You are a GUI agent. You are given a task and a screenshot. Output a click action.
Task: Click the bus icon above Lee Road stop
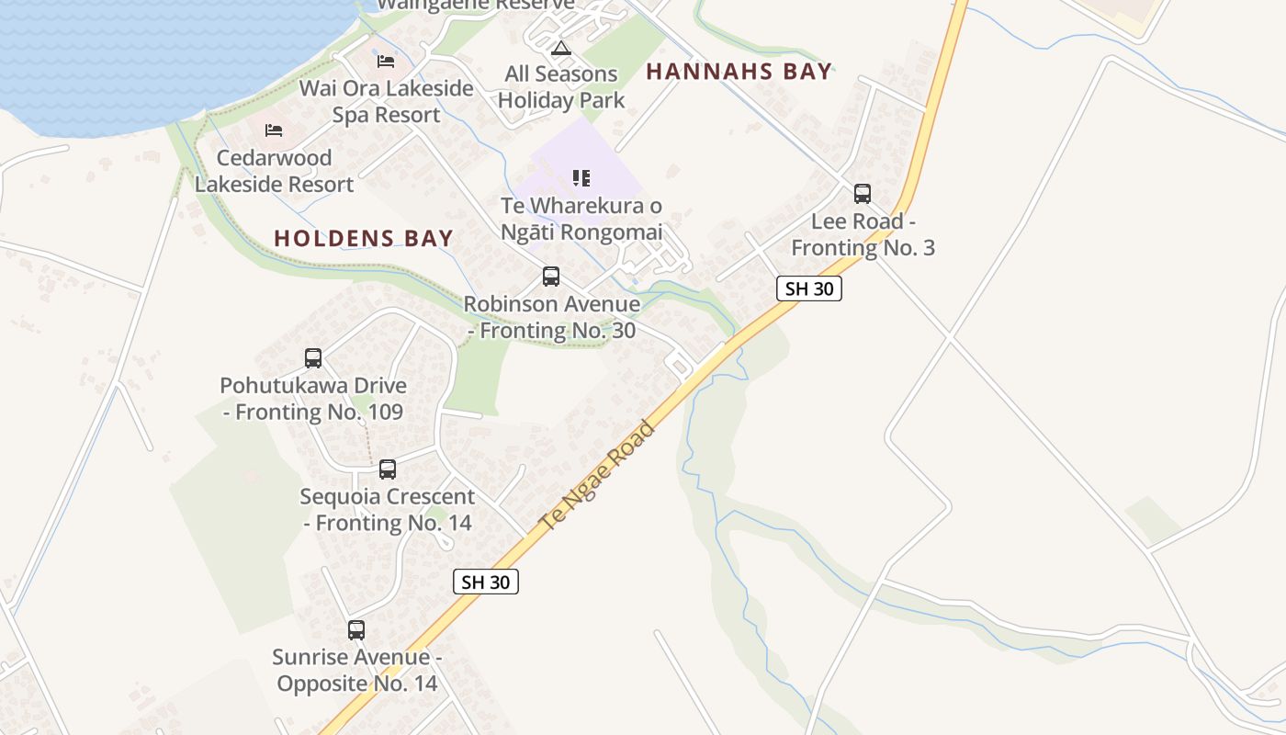click(862, 194)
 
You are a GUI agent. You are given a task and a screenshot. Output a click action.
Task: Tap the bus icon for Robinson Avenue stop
click(551, 277)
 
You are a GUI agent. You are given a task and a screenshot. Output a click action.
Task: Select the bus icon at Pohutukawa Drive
click(313, 358)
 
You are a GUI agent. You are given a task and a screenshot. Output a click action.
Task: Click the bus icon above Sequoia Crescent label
click(388, 469)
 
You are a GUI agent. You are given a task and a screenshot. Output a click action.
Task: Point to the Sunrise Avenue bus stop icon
click(356, 630)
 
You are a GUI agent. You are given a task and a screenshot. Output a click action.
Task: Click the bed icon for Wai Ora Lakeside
click(386, 62)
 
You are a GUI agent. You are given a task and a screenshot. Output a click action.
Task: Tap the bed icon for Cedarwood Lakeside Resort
click(274, 130)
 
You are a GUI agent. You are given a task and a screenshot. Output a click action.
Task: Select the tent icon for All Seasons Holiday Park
click(561, 48)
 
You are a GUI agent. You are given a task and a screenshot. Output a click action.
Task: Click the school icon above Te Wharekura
click(581, 178)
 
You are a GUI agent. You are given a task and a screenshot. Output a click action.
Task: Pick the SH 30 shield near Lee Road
click(809, 288)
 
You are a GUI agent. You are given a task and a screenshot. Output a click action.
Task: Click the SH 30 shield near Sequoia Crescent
click(486, 582)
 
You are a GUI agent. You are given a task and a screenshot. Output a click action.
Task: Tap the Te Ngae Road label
click(598, 476)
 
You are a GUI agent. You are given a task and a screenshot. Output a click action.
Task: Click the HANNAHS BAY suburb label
click(739, 72)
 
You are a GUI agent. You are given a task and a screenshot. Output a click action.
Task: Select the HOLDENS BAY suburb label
click(364, 239)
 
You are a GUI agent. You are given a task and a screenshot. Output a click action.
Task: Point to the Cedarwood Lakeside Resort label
click(274, 171)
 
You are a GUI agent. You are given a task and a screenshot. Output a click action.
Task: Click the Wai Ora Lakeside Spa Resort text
click(387, 102)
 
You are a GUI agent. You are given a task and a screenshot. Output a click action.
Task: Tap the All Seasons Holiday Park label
click(561, 87)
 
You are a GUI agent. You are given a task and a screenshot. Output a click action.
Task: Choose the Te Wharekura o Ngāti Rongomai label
click(581, 219)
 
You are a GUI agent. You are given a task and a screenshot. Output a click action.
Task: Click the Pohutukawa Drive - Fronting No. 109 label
click(313, 399)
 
